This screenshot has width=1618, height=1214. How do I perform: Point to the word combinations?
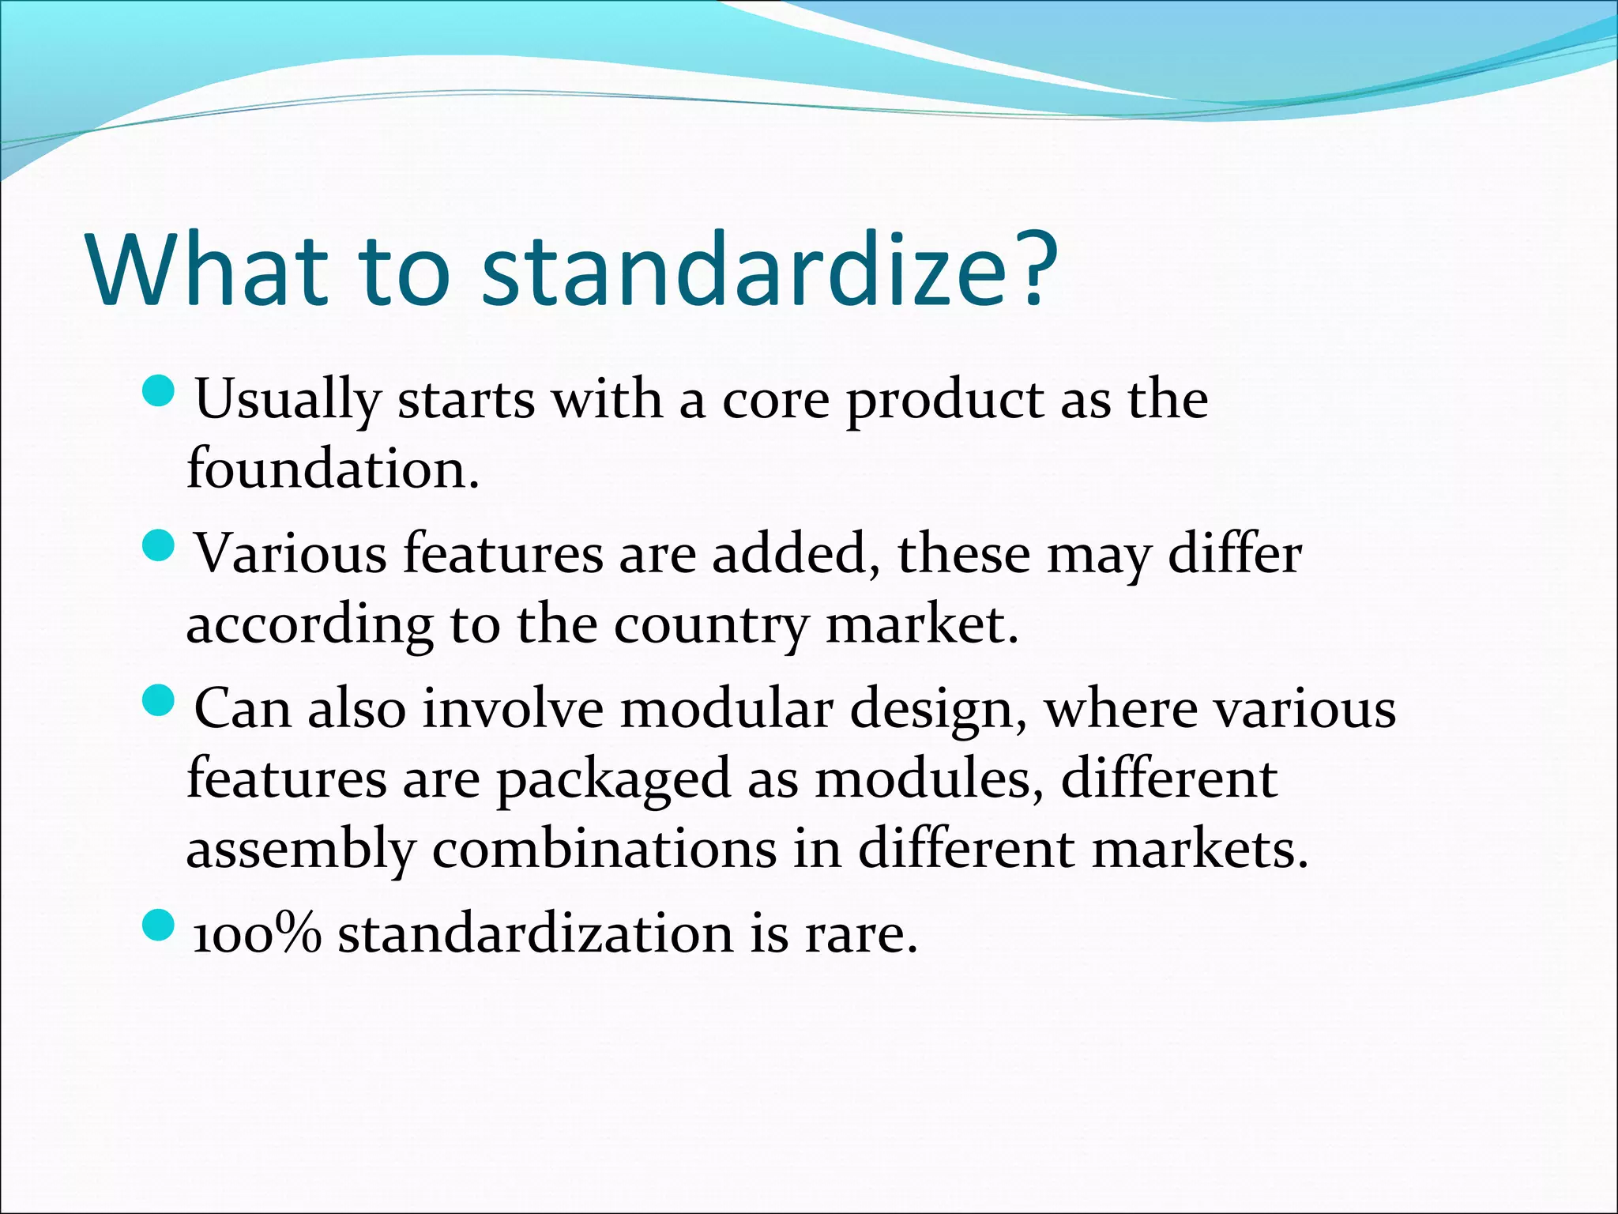coord(604,849)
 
